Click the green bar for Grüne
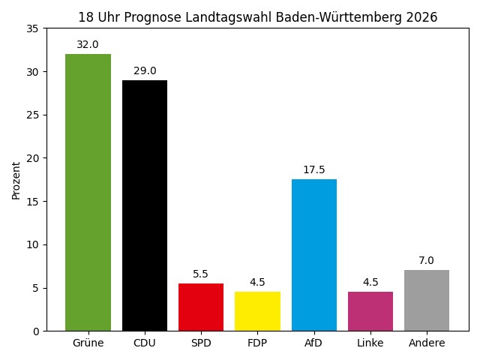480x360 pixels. (88, 192)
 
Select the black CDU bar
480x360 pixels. (145, 205)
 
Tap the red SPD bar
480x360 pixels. (201, 307)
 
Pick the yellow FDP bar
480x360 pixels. (257, 311)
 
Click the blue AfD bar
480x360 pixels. (314, 255)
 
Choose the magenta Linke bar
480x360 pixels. (370, 311)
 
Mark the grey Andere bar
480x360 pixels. (427, 300)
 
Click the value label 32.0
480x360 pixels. (88, 45)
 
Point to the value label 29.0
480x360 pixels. (145, 71)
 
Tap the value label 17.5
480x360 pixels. (314, 170)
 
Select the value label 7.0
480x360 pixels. (427, 261)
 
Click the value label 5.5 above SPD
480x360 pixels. (201, 274)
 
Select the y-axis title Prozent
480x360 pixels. (16, 180)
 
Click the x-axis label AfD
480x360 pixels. (314, 343)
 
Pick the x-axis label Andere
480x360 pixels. (427, 343)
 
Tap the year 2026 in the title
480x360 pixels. (422, 17)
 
